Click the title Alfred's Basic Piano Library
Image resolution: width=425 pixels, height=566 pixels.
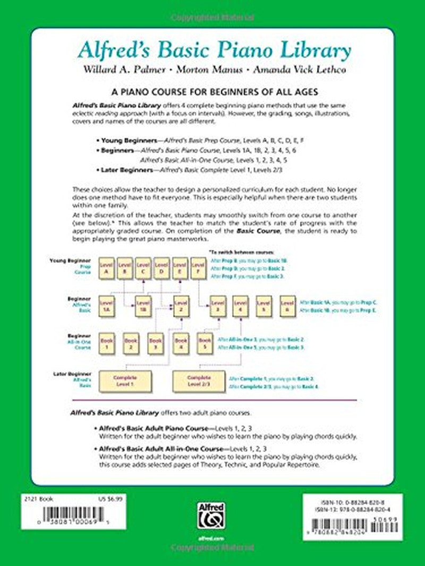214,51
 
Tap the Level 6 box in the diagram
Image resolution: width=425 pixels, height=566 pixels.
287,307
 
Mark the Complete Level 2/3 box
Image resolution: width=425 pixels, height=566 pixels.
198,380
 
